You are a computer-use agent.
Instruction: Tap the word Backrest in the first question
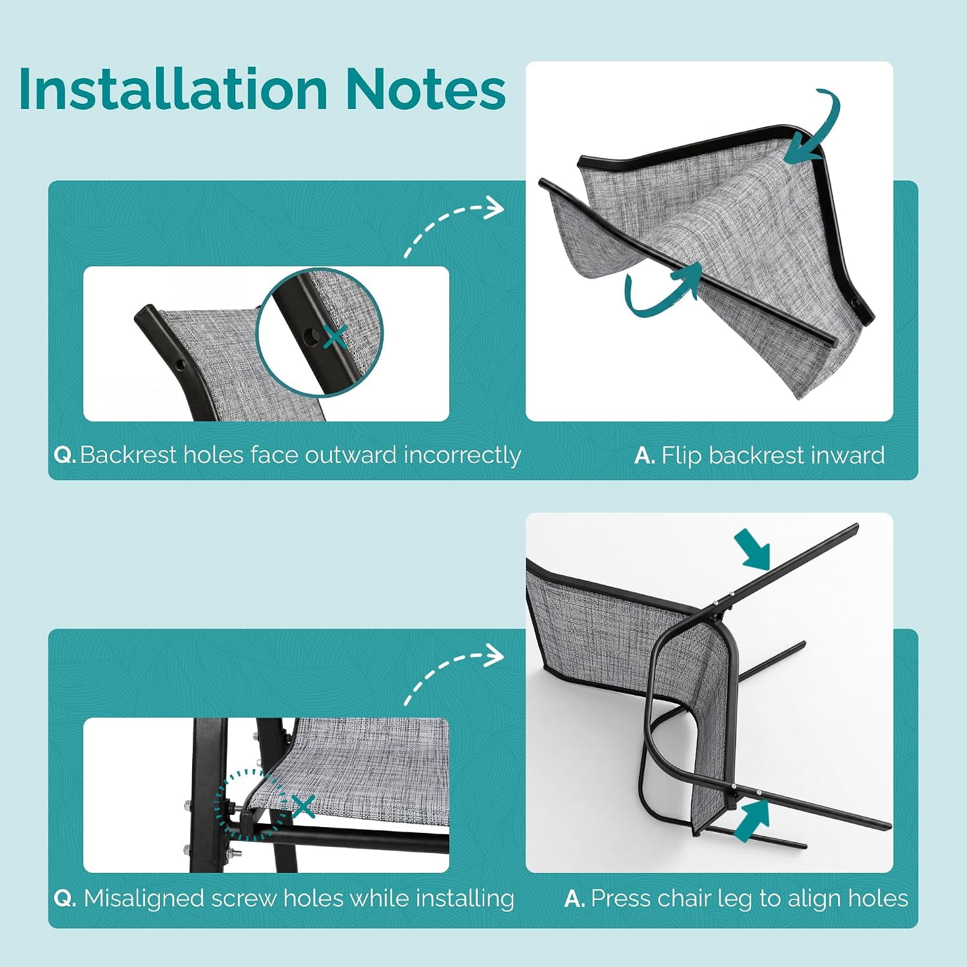click(x=128, y=455)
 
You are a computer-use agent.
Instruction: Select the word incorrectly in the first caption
click(x=462, y=456)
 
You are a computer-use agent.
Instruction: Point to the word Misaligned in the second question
click(x=144, y=899)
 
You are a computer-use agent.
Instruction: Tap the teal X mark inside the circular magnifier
click(x=335, y=336)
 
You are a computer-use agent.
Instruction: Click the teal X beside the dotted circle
click(x=303, y=806)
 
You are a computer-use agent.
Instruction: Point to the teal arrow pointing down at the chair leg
click(x=756, y=551)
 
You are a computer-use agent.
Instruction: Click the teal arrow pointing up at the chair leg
click(x=752, y=819)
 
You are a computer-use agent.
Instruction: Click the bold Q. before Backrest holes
click(x=65, y=455)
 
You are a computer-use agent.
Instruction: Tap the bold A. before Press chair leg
click(x=574, y=899)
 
